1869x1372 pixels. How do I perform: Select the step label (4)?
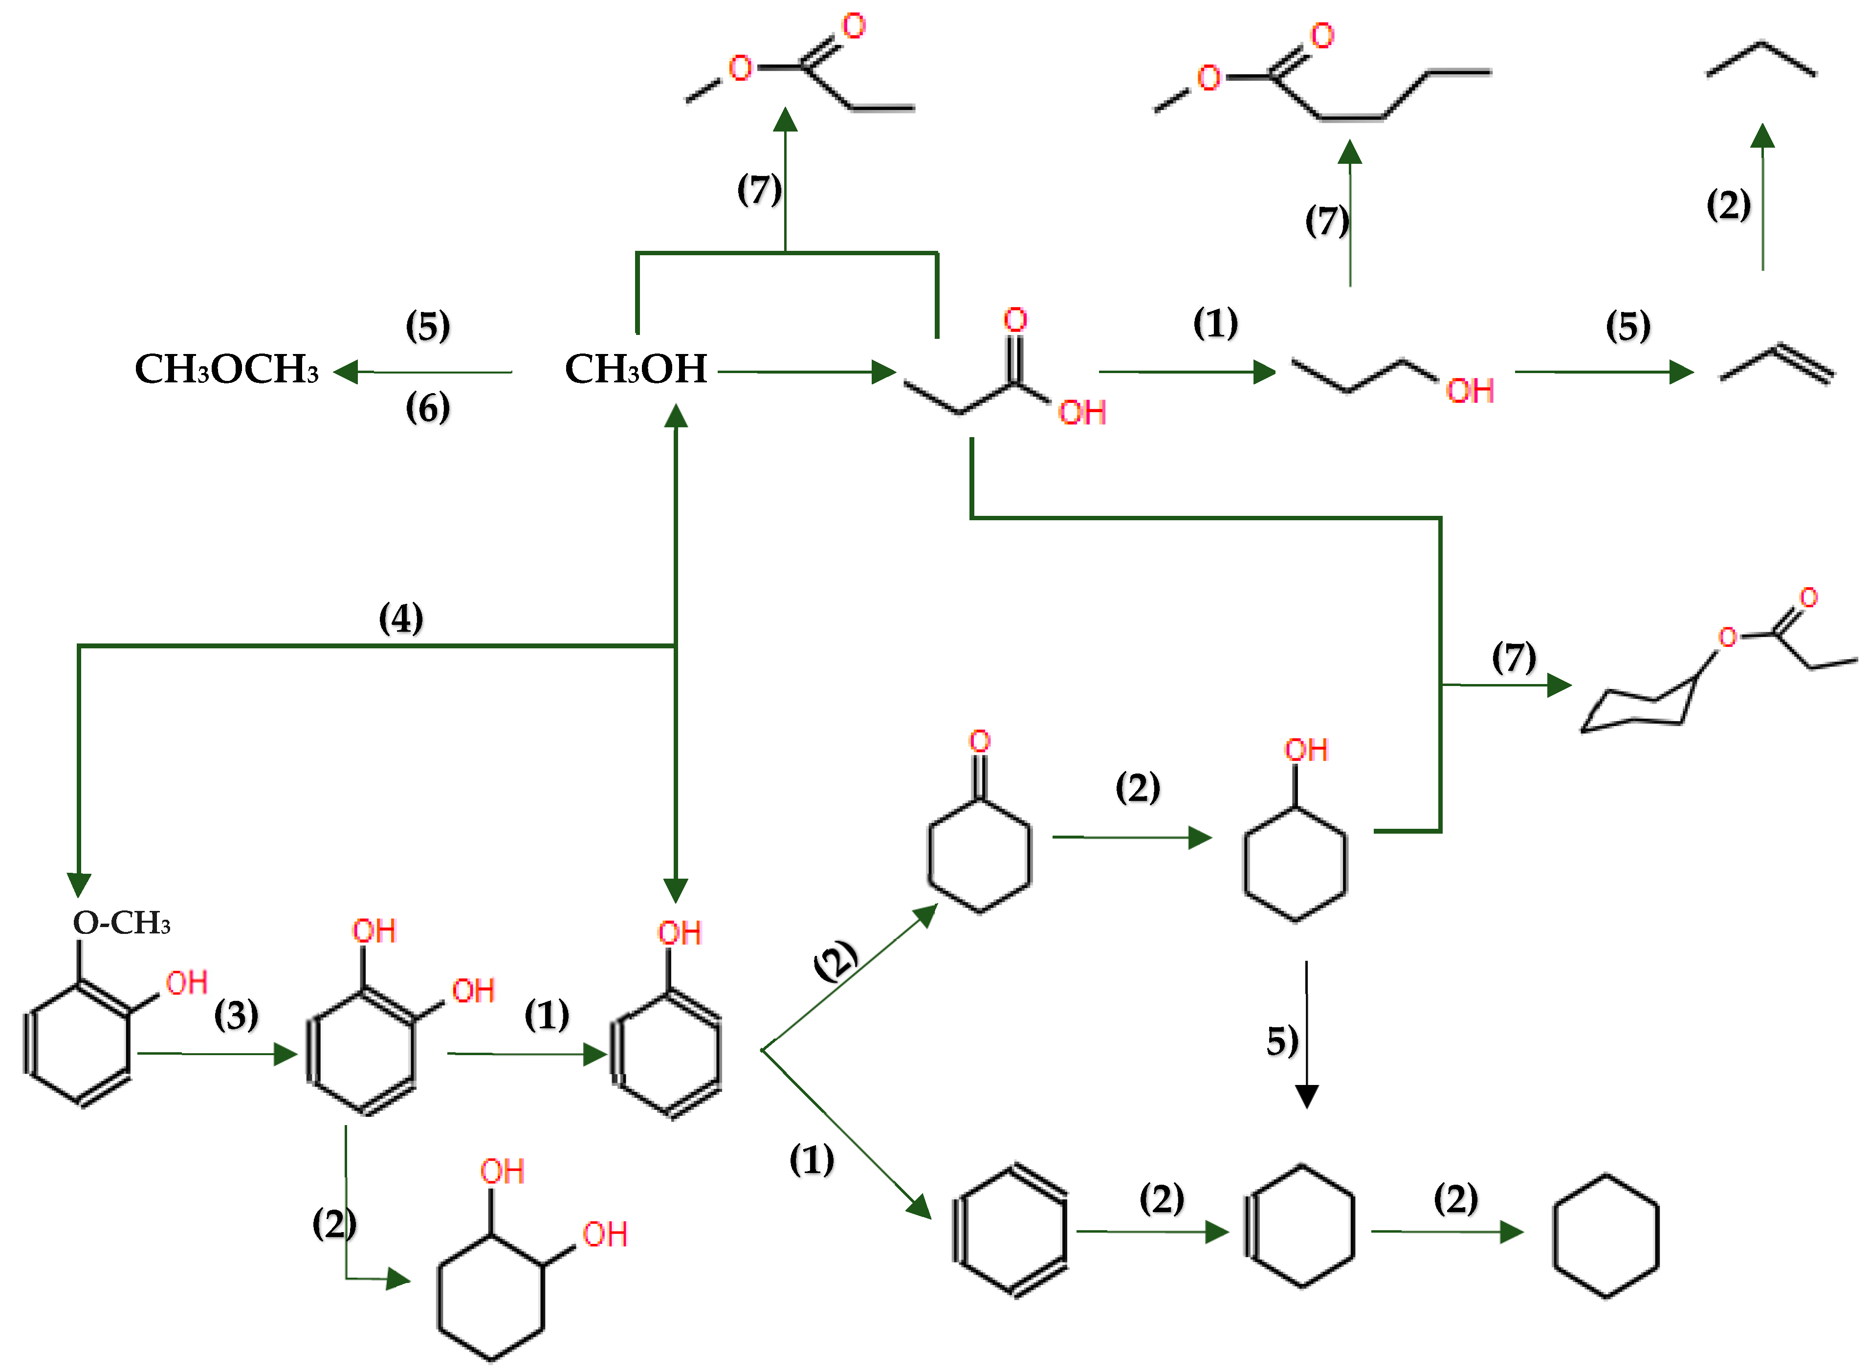click(400, 619)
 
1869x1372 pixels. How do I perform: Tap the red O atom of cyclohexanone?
click(980, 741)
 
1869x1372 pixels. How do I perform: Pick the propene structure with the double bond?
click(1777, 365)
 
